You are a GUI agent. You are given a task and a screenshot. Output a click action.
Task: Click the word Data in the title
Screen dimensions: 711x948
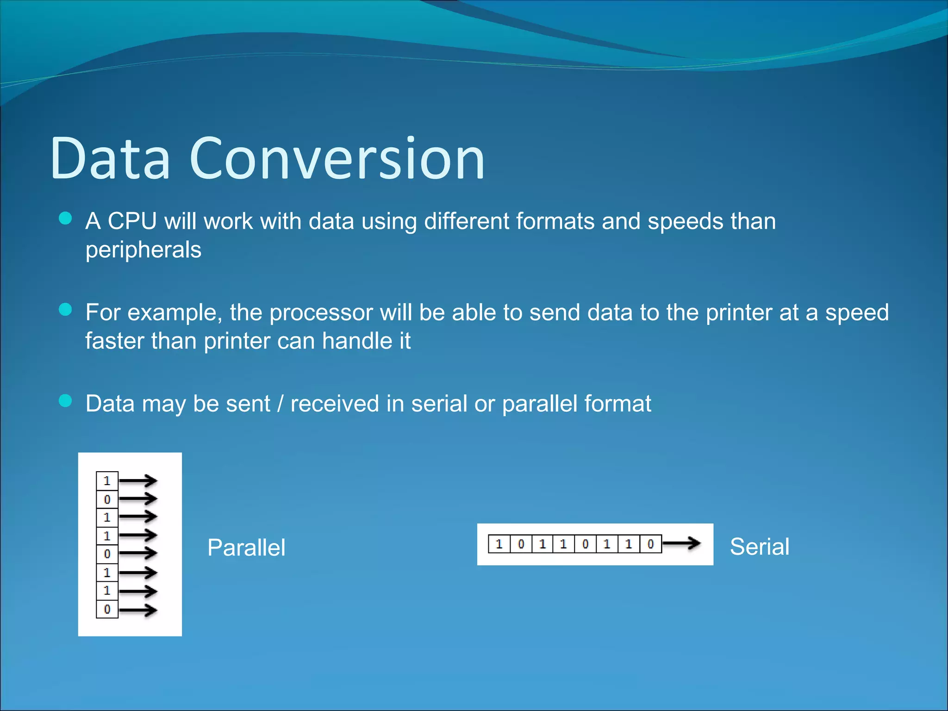110,158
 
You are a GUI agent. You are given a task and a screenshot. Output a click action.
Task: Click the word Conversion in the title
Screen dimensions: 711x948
337,158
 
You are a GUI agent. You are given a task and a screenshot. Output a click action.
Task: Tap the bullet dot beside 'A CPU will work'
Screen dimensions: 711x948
66,218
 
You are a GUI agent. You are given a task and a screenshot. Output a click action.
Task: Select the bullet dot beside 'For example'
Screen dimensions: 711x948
66,309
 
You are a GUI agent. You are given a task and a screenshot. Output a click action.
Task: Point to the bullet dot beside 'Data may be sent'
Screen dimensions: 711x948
66,400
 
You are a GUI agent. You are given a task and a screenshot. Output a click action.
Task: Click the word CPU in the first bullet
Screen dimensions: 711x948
132,221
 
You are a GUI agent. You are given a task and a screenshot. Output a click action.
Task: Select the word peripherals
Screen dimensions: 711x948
143,250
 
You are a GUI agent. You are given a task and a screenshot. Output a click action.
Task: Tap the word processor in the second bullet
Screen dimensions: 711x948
321,312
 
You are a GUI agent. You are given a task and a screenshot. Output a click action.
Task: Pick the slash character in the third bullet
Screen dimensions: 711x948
280,404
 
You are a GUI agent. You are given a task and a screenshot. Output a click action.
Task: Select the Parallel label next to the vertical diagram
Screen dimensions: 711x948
246,548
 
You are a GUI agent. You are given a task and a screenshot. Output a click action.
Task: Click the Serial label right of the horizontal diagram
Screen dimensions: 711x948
759,547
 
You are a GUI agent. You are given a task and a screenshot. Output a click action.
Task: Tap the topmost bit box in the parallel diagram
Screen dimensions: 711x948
107,481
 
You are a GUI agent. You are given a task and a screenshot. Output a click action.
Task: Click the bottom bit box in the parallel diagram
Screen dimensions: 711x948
107,609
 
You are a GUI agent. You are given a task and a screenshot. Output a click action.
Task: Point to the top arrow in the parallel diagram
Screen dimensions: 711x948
138,481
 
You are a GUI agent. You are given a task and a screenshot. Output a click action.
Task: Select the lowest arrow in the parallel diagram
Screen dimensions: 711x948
138,610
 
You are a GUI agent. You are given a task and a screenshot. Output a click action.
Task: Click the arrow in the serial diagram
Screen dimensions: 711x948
681,543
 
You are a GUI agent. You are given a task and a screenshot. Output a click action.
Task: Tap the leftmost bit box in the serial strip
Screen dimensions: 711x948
499,544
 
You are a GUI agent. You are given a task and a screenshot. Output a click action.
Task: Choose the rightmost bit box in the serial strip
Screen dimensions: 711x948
650,544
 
